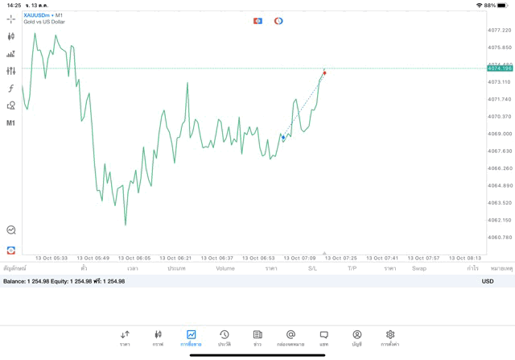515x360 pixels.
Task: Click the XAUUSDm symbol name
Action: [37, 15]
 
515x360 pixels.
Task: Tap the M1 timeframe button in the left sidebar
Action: [11, 123]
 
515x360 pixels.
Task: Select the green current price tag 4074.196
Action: [500, 68]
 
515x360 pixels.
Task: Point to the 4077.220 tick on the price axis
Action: [500, 30]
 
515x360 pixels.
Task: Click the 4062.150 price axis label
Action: [500, 220]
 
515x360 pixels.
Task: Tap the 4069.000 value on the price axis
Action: [500, 134]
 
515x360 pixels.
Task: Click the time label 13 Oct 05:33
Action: [51, 259]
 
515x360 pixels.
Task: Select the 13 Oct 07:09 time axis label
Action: [299, 259]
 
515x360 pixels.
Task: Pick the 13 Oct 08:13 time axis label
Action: [465, 259]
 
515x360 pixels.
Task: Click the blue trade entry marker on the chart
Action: [283, 138]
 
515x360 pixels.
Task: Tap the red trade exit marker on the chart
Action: [324, 73]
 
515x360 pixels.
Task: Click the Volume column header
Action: [225, 268]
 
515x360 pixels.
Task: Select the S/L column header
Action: [312, 268]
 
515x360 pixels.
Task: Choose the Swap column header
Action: [418, 268]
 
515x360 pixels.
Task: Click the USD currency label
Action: [487, 281]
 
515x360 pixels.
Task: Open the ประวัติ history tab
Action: [224, 337]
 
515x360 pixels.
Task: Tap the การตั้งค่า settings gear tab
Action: [390, 337]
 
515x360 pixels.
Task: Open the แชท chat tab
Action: [323, 337]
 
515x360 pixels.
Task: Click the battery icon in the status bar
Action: [504, 5]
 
